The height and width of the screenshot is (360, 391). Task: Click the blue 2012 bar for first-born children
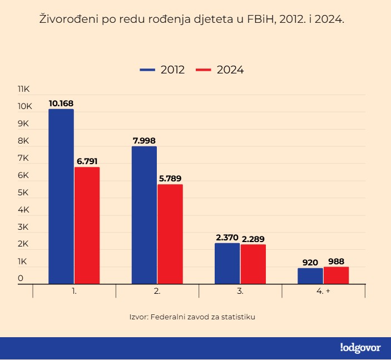click(x=61, y=196)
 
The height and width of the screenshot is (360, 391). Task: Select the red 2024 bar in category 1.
click(x=87, y=225)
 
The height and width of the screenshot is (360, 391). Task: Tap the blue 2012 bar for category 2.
click(x=144, y=215)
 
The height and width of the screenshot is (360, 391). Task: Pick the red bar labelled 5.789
click(x=170, y=234)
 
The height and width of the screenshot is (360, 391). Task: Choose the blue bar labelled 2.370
click(x=227, y=263)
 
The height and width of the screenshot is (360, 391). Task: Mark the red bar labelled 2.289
click(x=253, y=264)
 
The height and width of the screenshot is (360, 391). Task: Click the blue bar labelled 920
click(x=310, y=275)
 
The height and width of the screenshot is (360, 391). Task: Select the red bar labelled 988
click(x=336, y=275)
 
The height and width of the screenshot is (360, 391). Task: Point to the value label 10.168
click(x=61, y=103)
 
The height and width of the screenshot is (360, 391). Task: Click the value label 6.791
click(x=87, y=161)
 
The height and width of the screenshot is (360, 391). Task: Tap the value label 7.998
click(x=144, y=141)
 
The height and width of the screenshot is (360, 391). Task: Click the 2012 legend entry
click(x=162, y=70)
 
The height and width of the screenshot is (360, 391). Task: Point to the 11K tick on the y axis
click(x=26, y=89)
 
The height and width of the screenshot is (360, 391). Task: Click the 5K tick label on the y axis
click(x=23, y=193)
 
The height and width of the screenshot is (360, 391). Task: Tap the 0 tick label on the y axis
click(x=21, y=278)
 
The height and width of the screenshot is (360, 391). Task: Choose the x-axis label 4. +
click(x=324, y=291)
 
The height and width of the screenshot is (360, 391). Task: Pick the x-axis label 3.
click(x=240, y=291)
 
